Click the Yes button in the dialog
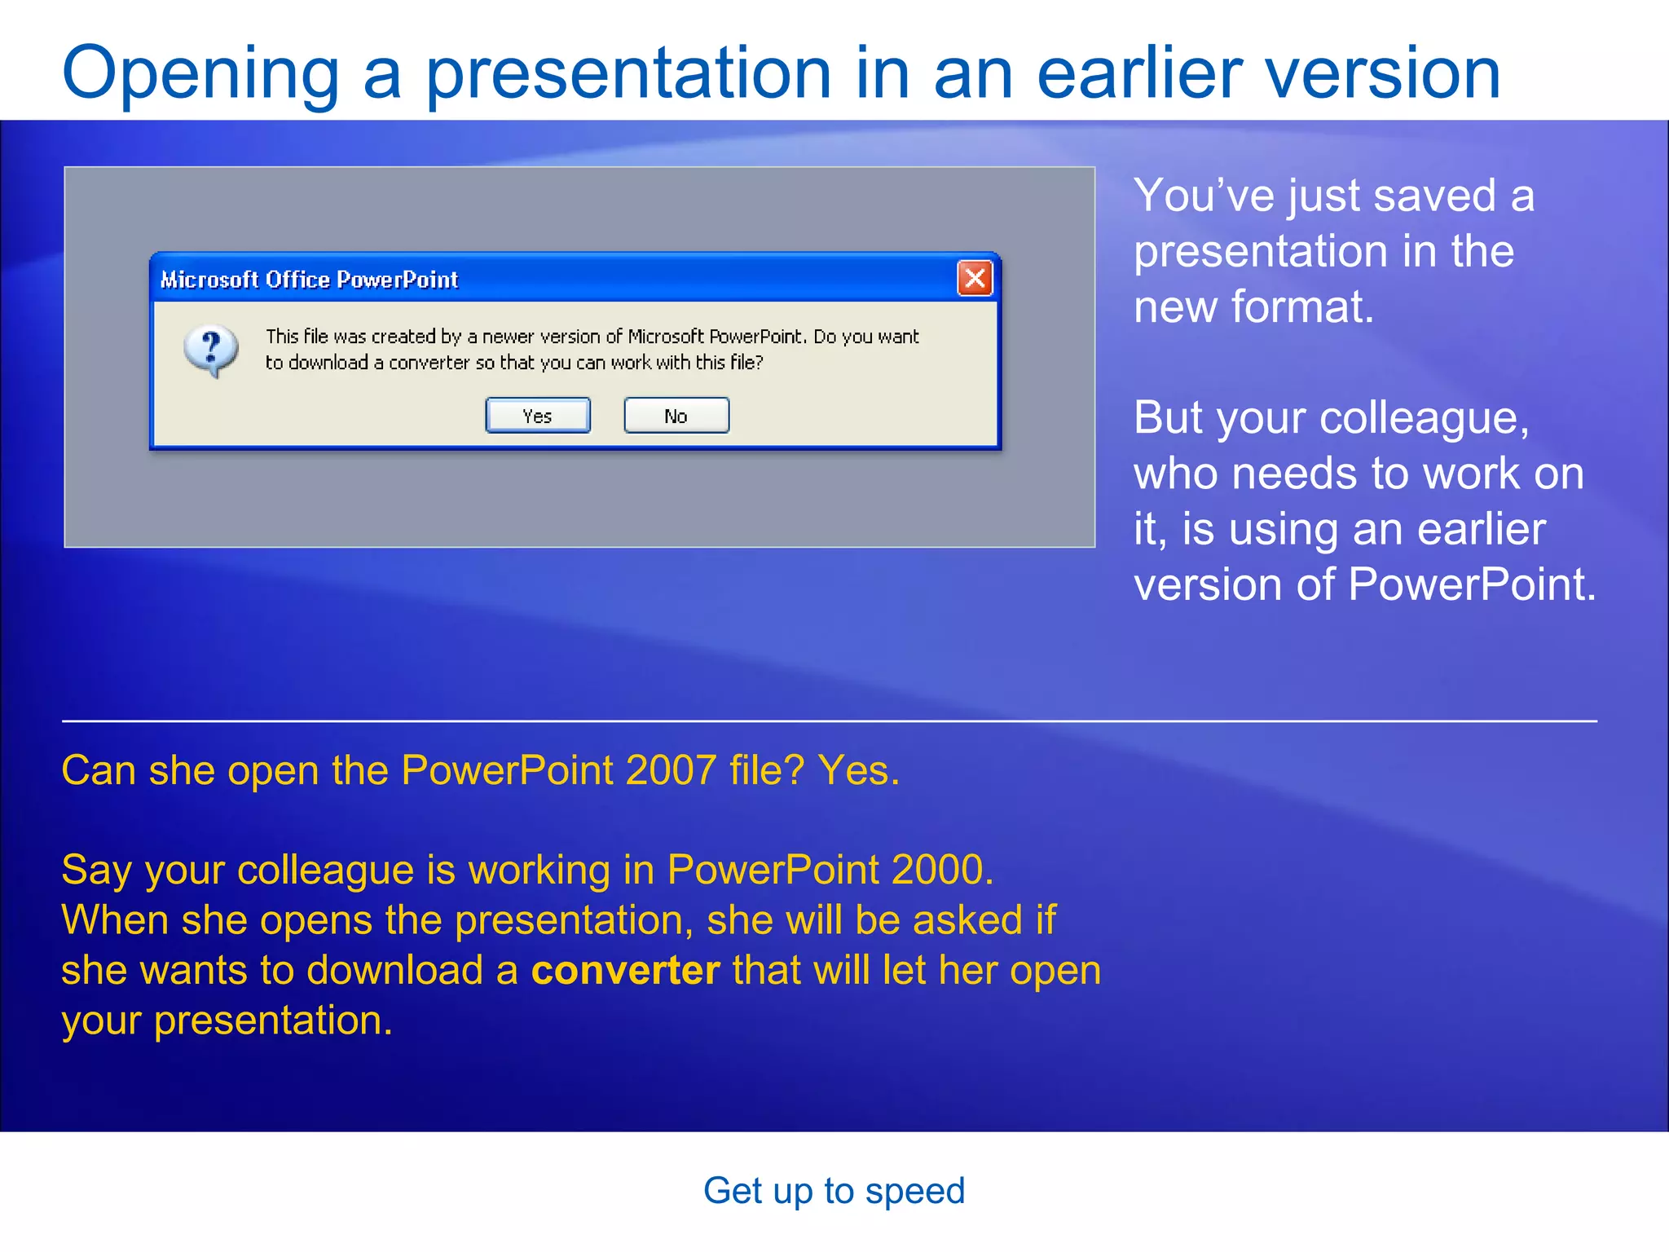[537, 416]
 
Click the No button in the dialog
[676, 416]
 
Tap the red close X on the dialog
[975, 279]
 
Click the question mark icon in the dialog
[211, 350]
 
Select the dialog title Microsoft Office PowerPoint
[309, 280]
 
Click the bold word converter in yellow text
[625, 970]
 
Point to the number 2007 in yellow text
[671, 770]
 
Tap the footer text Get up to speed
[834, 1191]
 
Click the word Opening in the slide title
[200, 73]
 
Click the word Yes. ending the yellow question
[859, 770]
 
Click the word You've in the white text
[1204, 196]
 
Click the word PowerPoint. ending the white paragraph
[1471, 584]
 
